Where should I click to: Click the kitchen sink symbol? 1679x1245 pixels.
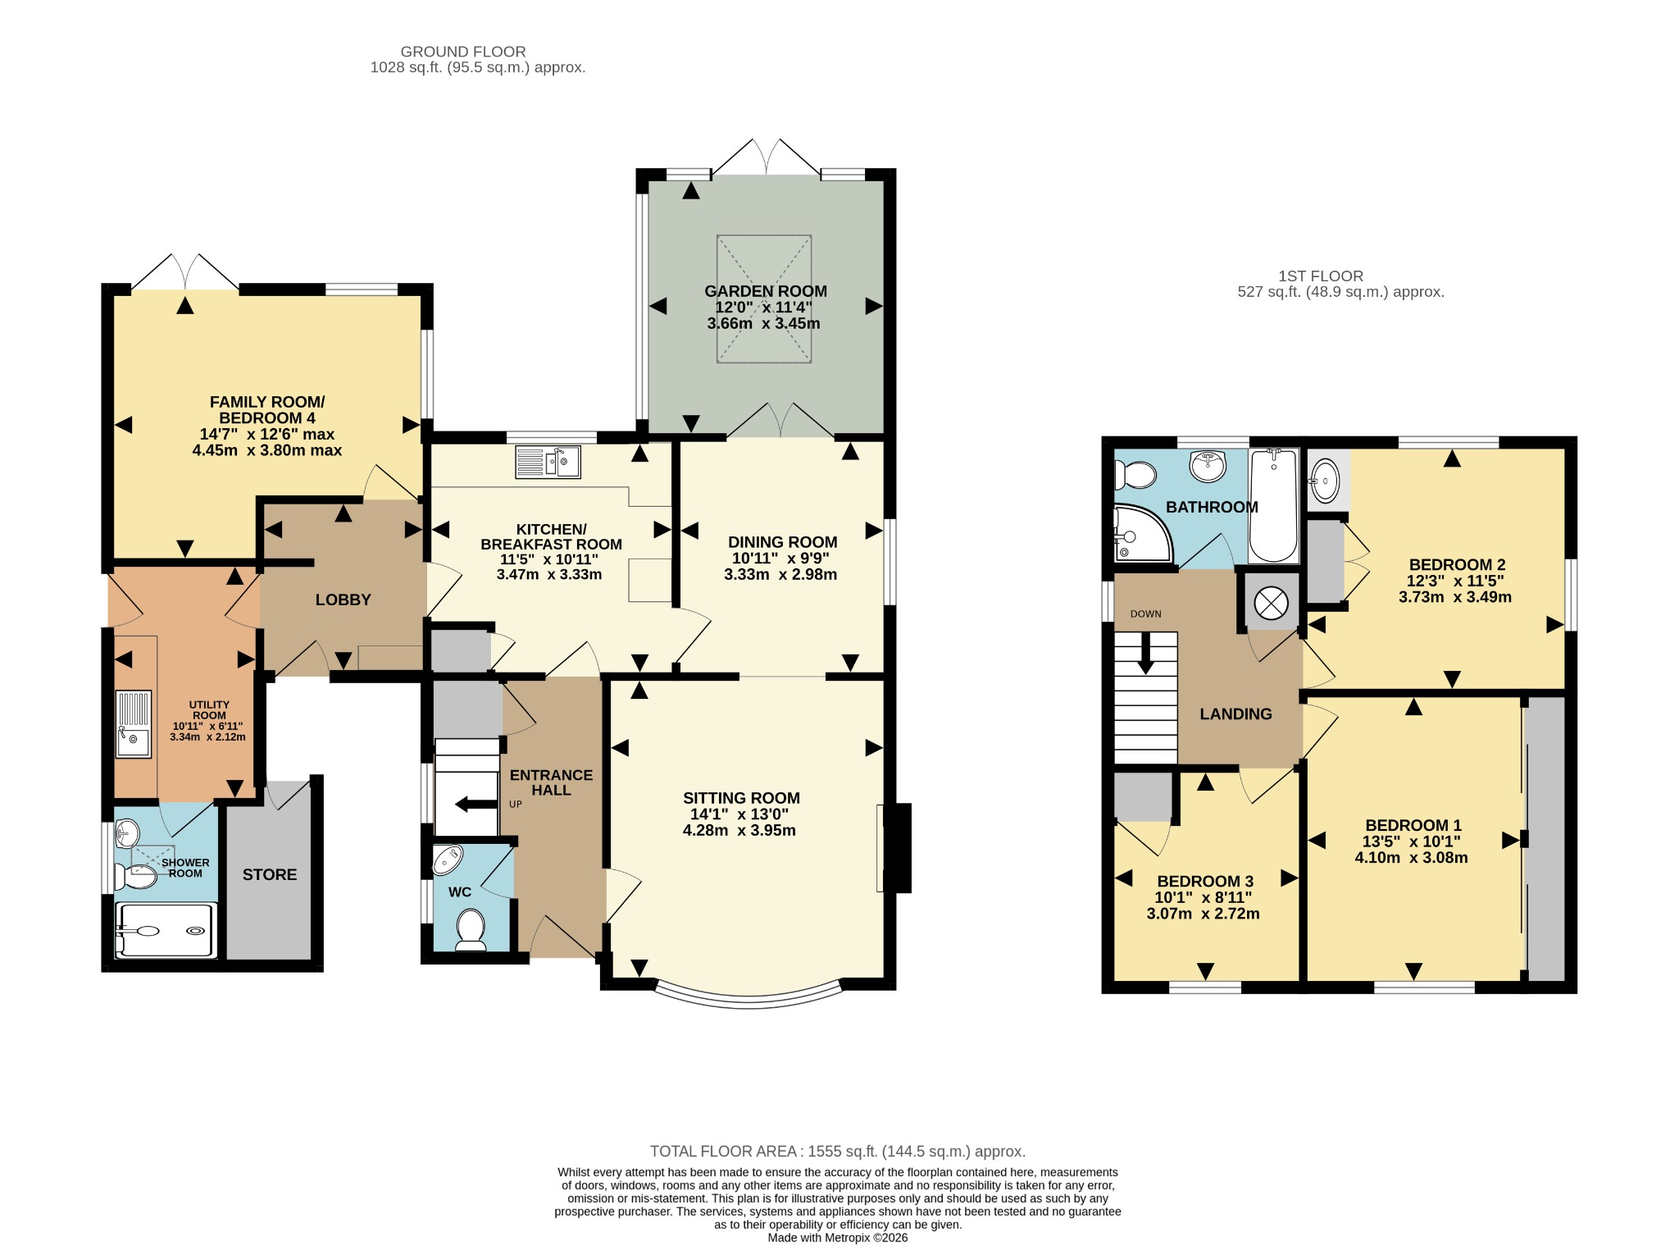click(x=548, y=462)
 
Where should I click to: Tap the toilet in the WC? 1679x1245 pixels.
click(x=471, y=933)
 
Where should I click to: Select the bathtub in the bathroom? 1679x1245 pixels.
click(x=1273, y=505)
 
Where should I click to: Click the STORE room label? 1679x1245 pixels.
click(x=270, y=874)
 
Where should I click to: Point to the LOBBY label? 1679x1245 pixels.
click(x=344, y=600)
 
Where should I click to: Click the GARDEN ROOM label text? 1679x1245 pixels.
click(x=766, y=291)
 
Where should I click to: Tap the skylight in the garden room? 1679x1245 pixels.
click(x=764, y=299)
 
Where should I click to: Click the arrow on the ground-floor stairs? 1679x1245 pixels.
click(x=476, y=804)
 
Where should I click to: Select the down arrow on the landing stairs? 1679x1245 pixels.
click(x=1146, y=654)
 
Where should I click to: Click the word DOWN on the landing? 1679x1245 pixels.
click(x=1146, y=613)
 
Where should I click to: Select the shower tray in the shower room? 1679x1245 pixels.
click(x=166, y=931)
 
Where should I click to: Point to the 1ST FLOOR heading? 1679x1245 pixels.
click(x=1321, y=276)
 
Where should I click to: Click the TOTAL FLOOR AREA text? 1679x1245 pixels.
click(x=838, y=1152)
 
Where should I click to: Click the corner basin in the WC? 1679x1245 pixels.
click(x=448, y=860)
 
